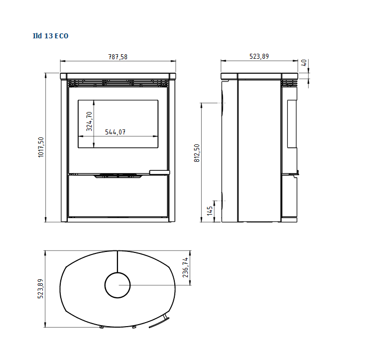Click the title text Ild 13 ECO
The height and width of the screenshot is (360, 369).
click(x=50, y=36)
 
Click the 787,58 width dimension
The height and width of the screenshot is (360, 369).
click(x=118, y=57)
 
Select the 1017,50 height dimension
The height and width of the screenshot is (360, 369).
click(x=41, y=147)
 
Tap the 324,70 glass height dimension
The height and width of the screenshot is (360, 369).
click(x=89, y=121)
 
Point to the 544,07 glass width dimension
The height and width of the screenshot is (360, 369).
click(x=115, y=132)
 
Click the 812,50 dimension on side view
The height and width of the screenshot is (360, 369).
click(x=197, y=153)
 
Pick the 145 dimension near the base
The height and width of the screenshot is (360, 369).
click(x=210, y=211)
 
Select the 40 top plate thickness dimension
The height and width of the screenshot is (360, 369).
click(x=304, y=63)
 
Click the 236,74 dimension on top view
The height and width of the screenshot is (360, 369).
click(x=185, y=267)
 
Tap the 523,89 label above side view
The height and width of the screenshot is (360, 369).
click(x=259, y=56)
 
